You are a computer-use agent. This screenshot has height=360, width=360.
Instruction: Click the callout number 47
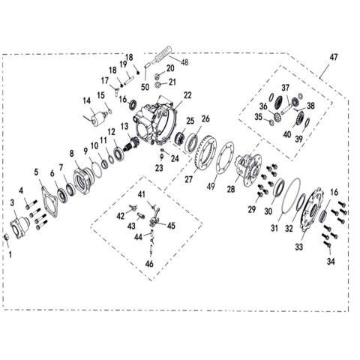(334, 58)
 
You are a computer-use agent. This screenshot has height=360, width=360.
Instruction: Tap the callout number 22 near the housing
(187, 95)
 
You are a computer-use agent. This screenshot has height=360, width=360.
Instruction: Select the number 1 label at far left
(10, 255)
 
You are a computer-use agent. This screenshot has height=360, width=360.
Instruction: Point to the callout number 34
(331, 262)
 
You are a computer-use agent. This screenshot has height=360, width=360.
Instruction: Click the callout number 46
(149, 264)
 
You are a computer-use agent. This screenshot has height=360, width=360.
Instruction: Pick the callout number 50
(145, 87)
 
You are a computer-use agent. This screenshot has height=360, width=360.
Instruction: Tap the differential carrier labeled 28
(249, 169)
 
